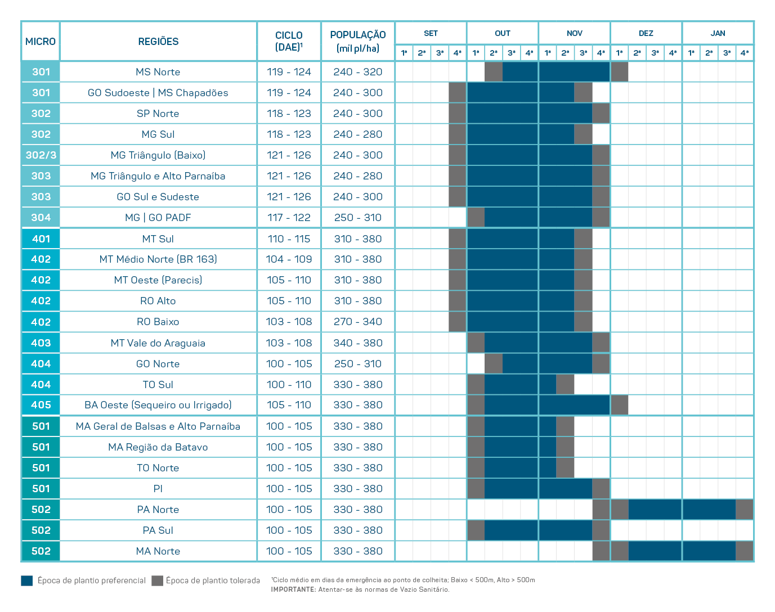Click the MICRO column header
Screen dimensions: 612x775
tap(41, 42)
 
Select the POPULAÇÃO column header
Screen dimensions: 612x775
tap(358, 41)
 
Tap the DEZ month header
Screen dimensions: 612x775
tap(646, 33)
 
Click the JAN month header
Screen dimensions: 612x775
tap(718, 33)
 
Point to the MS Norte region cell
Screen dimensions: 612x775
tap(158, 72)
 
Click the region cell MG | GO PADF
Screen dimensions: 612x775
tap(158, 218)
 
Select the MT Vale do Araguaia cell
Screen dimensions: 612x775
tap(158, 343)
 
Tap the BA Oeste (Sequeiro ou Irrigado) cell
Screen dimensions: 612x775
tap(158, 405)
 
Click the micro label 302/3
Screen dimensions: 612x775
tap(41, 155)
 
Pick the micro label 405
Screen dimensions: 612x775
tap(41, 405)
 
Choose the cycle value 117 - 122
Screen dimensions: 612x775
tap(289, 218)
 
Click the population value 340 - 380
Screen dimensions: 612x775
tap(358, 343)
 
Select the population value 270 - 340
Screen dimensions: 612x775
tap(358, 322)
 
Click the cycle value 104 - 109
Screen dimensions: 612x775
tap(289, 259)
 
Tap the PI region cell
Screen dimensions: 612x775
tap(158, 489)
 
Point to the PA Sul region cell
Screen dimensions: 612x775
tap(158, 530)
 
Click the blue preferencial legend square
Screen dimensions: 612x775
tap(27, 580)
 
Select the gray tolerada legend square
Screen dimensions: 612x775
tap(157, 580)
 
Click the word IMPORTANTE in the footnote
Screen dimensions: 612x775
tap(293, 589)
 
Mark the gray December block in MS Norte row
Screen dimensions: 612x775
tap(619, 72)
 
